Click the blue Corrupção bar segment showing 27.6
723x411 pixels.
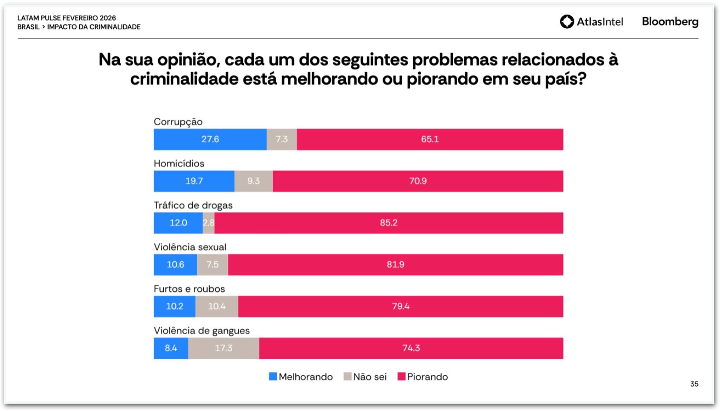click(210, 139)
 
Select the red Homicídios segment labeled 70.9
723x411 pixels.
click(418, 181)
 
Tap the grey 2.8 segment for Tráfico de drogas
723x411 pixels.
click(209, 223)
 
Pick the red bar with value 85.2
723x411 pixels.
click(389, 223)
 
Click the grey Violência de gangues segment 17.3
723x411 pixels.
click(223, 348)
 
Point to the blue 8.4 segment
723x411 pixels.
click(171, 348)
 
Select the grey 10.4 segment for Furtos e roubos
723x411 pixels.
click(217, 307)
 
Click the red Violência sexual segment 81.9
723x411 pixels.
click(395, 265)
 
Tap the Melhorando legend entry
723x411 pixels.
click(301, 377)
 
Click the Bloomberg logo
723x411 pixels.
click(670, 21)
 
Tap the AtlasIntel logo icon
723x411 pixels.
click(567, 21)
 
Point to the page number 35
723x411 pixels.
click(694, 384)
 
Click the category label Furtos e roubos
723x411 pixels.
click(189, 289)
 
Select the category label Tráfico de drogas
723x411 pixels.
click(193, 205)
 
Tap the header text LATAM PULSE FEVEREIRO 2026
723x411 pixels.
click(67, 18)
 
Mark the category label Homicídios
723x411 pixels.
click(179, 163)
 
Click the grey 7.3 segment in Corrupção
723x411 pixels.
click(282, 139)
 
